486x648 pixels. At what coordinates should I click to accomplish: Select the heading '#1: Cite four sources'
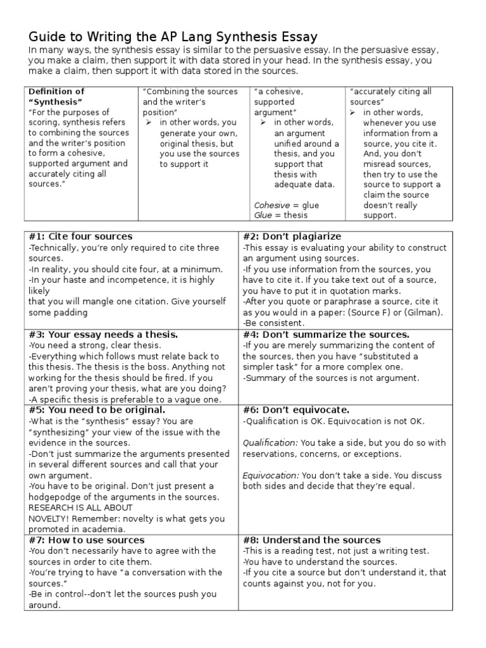(x=81, y=237)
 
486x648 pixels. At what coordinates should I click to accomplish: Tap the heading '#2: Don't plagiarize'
(x=292, y=237)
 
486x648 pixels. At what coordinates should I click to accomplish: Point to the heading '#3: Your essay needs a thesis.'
(x=103, y=335)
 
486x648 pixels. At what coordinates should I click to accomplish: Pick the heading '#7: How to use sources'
(x=87, y=540)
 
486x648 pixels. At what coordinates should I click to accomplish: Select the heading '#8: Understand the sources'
(x=312, y=540)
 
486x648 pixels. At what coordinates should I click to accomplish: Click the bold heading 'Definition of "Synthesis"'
(x=56, y=97)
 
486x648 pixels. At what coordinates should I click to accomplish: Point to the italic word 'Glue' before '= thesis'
(x=264, y=215)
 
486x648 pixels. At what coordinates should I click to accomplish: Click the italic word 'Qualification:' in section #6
(x=271, y=443)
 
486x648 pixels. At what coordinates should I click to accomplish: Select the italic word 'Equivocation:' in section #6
(x=271, y=475)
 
